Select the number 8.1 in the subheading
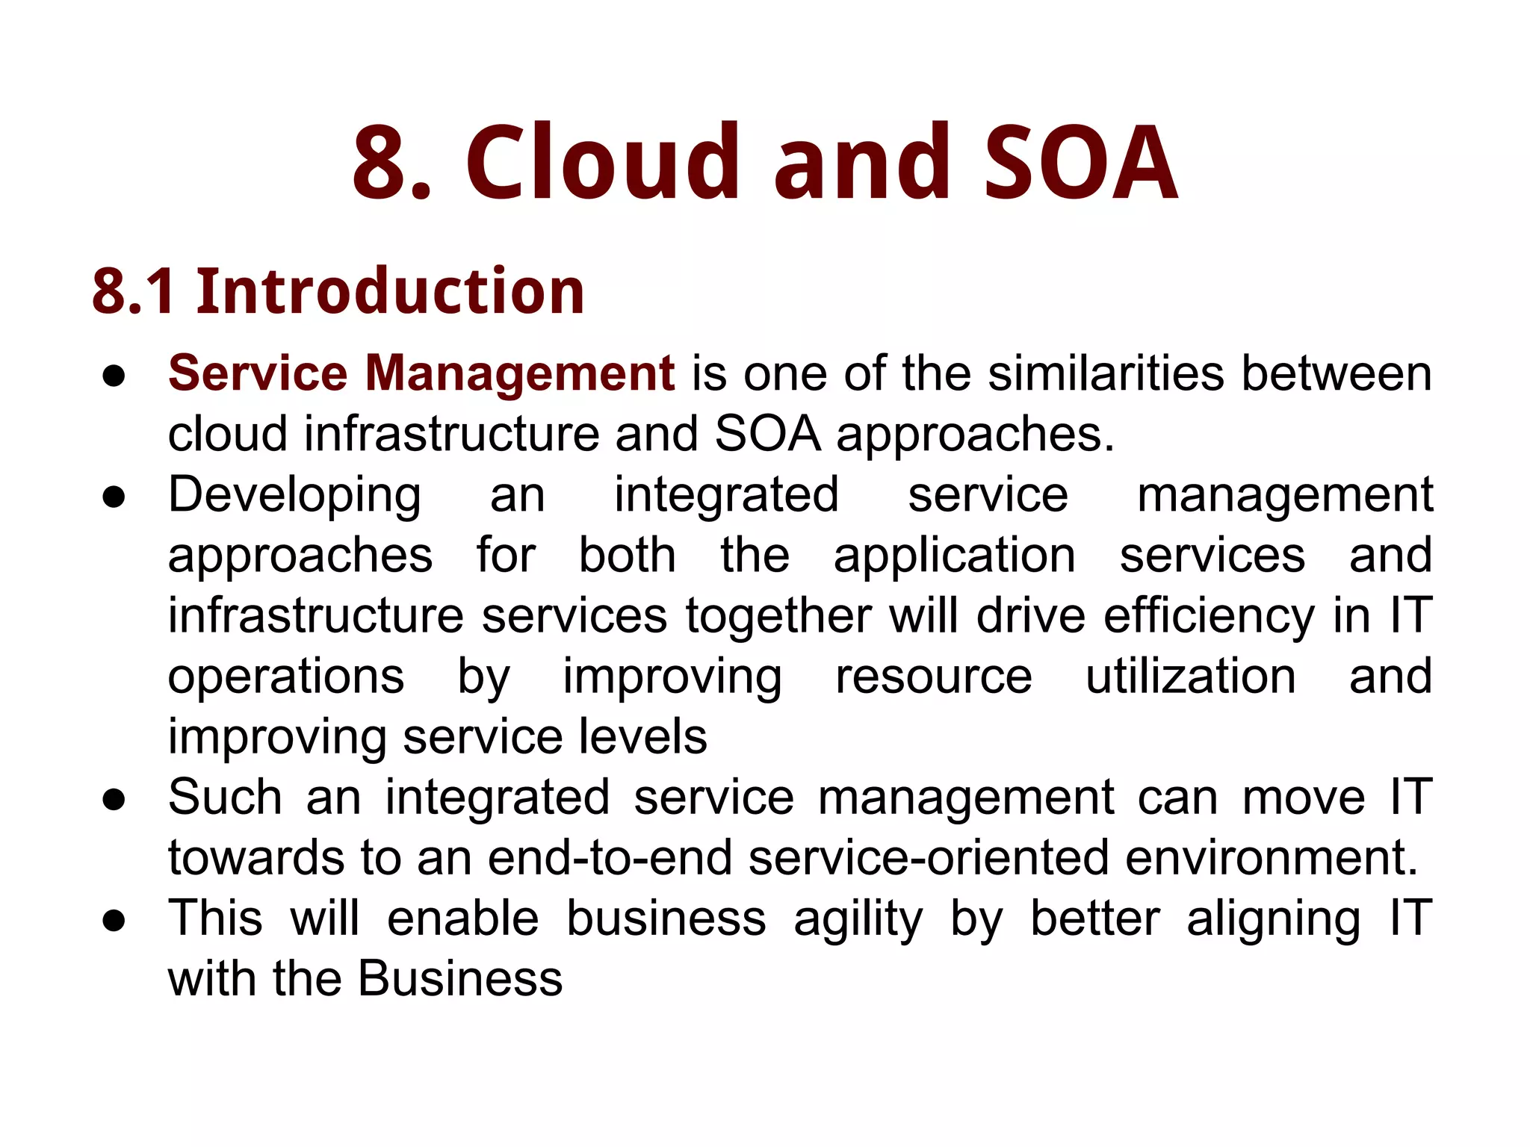(134, 291)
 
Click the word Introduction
(390, 291)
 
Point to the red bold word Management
(520, 373)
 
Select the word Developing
(295, 496)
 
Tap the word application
(955, 556)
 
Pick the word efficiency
(1208, 617)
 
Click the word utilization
(1191, 677)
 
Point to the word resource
(934, 677)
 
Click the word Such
(225, 797)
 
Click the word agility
(858, 919)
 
